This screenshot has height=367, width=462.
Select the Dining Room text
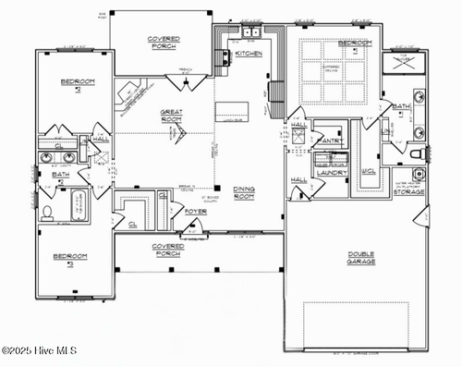(x=245, y=191)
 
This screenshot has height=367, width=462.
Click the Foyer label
(x=196, y=211)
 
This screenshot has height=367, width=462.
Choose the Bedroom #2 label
(x=78, y=85)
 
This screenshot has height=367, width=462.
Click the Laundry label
(x=331, y=172)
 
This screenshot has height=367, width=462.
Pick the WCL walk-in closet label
(x=368, y=171)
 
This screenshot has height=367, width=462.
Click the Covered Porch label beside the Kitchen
(x=164, y=43)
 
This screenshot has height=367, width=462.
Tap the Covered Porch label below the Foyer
(x=168, y=249)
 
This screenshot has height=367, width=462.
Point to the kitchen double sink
(x=249, y=32)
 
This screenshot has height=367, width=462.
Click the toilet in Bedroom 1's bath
(x=417, y=153)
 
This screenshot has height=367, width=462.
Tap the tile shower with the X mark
(x=404, y=62)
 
